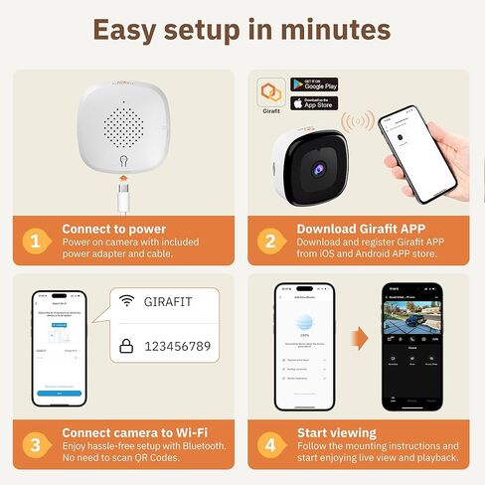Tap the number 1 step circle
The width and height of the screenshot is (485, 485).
coord(35,240)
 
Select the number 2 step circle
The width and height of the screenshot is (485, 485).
coord(269,240)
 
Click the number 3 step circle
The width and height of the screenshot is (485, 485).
coord(35,444)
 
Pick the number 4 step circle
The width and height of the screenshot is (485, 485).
coord(269,444)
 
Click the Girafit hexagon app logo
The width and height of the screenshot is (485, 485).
coord(269,91)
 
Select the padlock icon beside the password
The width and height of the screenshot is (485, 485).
coord(127,346)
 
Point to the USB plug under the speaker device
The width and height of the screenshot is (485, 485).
coord(123,183)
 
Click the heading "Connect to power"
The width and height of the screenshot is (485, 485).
coord(114,228)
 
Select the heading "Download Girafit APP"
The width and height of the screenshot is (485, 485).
coord(362,228)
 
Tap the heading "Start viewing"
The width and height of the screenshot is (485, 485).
coord(337,432)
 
